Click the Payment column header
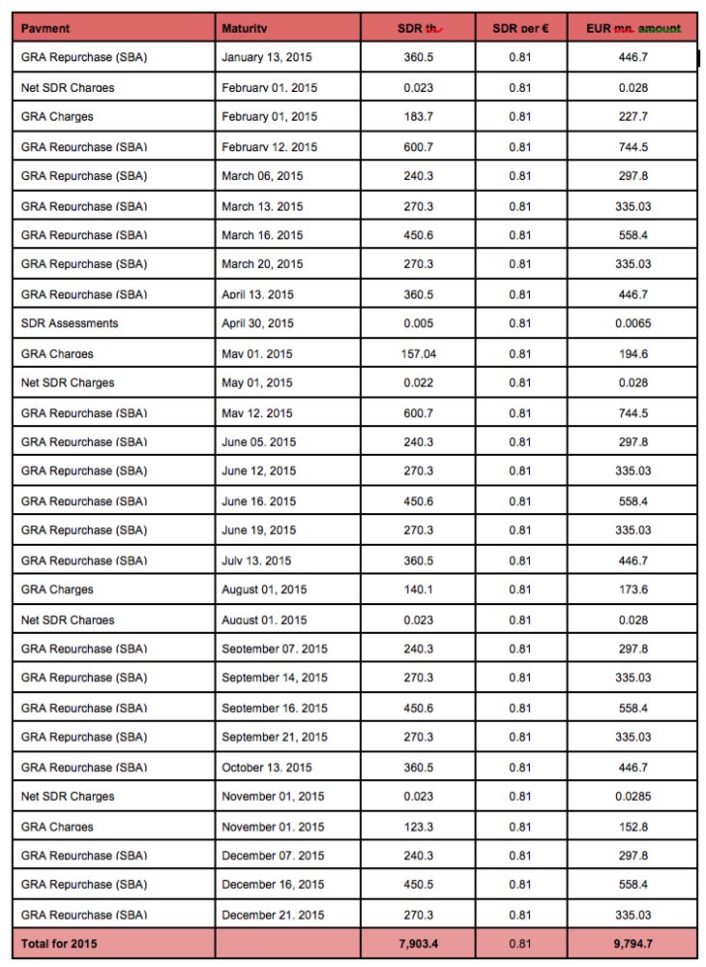(45, 28)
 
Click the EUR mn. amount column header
(632, 28)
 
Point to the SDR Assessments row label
(70, 323)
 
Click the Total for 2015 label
(59, 943)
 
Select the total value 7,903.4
(418, 943)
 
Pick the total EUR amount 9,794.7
(632, 943)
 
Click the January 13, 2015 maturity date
(266, 58)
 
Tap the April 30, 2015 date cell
(258, 323)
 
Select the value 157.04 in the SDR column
(418, 353)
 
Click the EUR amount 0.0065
(632, 323)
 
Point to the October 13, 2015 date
(267, 767)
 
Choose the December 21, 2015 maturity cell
(273, 915)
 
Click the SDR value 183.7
(418, 117)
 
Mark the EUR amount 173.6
(632, 589)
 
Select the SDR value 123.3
(418, 826)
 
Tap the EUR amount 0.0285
(632, 796)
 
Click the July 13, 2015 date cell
(257, 559)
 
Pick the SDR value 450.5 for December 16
(418, 885)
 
